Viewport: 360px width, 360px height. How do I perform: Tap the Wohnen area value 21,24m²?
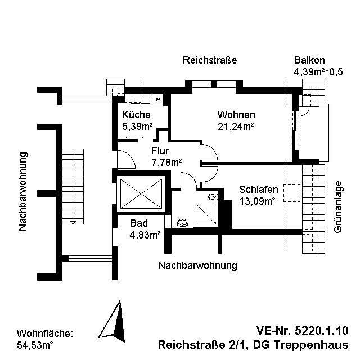pyautogui.click(x=236, y=126)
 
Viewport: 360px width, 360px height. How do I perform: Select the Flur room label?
pyautogui.click(x=160, y=151)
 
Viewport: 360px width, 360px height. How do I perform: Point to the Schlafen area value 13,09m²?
pyautogui.click(x=257, y=201)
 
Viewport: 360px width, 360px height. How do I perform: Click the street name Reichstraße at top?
pyautogui.click(x=209, y=60)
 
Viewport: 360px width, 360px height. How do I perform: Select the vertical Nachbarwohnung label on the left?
pyautogui.click(x=23, y=191)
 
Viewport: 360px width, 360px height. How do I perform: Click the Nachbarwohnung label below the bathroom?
pyautogui.click(x=197, y=265)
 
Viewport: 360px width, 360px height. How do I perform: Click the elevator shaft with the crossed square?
pyautogui.click(x=139, y=192)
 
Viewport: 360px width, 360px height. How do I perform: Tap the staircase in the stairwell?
pyautogui.click(x=72, y=186)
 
